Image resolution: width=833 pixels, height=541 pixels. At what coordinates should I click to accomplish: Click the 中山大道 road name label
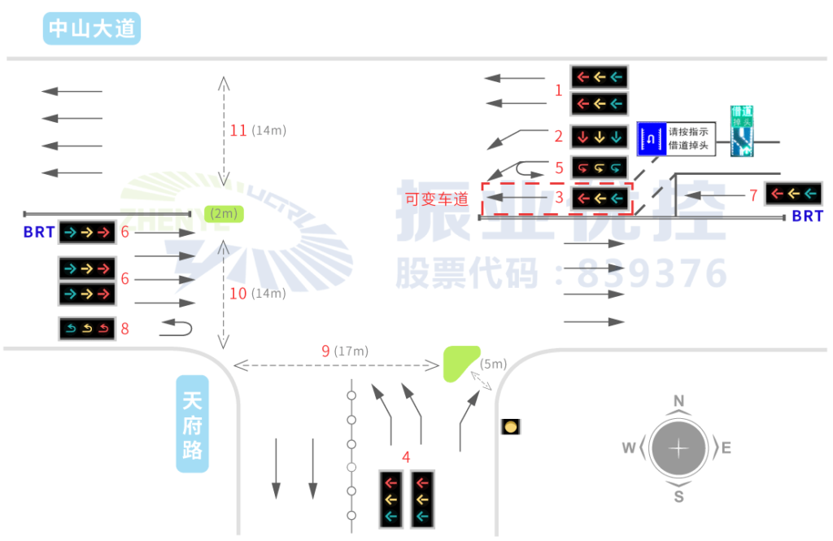(x=92, y=29)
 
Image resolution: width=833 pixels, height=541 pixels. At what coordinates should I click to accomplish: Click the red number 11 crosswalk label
(x=238, y=130)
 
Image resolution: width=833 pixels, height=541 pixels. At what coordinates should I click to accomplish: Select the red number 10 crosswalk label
(x=238, y=294)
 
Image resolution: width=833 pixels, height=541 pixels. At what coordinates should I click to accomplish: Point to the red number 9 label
(x=325, y=351)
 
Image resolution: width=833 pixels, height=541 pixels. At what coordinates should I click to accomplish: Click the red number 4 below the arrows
(x=406, y=457)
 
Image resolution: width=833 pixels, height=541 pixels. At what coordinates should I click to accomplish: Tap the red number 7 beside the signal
(x=753, y=194)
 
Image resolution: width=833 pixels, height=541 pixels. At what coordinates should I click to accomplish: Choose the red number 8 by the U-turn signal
(x=125, y=329)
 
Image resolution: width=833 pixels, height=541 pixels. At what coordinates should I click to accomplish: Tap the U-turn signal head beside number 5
(x=600, y=168)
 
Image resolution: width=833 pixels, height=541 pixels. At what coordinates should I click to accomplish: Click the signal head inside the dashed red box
(x=600, y=198)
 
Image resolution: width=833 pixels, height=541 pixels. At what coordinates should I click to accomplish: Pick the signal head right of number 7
(x=793, y=194)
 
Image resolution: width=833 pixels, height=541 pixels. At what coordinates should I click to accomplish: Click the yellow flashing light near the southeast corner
(x=510, y=426)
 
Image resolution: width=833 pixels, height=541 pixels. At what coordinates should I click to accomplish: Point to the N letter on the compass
(x=678, y=400)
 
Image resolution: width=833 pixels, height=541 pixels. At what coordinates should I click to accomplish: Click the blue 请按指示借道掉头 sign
(x=676, y=140)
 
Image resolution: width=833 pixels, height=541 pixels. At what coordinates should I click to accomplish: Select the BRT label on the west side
(x=39, y=233)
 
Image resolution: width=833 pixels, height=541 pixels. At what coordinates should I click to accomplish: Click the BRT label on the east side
(x=808, y=216)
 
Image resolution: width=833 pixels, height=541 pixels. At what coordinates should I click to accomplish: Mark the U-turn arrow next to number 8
(x=177, y=328)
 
